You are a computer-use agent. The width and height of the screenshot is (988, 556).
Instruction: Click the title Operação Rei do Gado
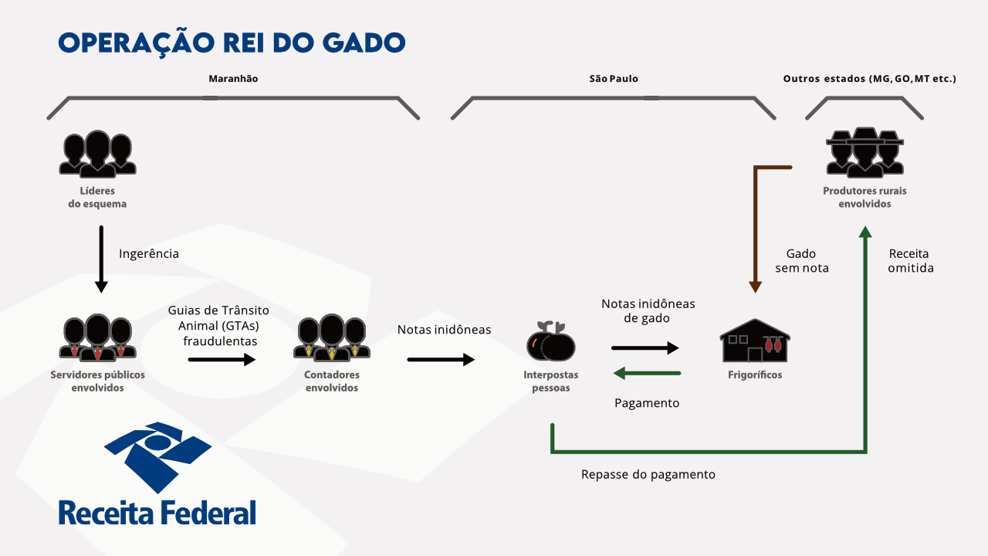pyautogui.click(x=232, y=42)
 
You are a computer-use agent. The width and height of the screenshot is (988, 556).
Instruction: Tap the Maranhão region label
pyautogui.click(x=233, y=79)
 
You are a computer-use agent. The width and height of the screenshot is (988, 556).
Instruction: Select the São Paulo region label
pyautogui.click(x=614, y=79)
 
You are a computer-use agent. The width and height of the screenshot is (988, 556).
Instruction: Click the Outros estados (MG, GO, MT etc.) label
pyautogui.click(x=869, y=79)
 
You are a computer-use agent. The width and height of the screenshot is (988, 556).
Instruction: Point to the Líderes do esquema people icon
pyautogui.click(x=97, y=154)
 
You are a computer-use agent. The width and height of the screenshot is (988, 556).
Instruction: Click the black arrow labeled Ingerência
pyautogui.click(x=101, y=259)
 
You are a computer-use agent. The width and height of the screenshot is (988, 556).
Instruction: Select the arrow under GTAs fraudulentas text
pyautogui.click(x=222, y=359)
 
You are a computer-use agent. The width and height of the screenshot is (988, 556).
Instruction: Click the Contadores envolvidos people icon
pyautogui.click(x=331, y=338)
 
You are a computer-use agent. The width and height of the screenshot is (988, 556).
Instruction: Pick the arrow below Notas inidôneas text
pyautogui.click(x=441, y=359)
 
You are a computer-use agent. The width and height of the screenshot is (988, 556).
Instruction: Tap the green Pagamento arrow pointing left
pyautogui.click(x=646, y=374)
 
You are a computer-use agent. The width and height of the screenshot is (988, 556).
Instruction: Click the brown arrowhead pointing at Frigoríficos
pyautogui.click(x=755, y=286)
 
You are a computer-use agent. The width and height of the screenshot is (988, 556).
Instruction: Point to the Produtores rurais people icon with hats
pyautogui.click(x=864, y=154)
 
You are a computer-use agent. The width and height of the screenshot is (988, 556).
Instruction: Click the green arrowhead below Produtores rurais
pyautogui.click(x=865, y=232)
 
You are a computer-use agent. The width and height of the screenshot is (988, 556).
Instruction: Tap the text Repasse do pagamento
pyautogui.click(x=648, y=474)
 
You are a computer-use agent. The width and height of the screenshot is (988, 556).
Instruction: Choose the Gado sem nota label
pyautogui.click(x=800, y=261)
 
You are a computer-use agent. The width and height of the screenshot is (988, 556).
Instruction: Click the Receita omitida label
pyautogui.click(x=910, y=261)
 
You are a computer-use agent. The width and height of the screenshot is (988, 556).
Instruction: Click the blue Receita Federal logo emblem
pyautogui.click(x=157, y=456)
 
